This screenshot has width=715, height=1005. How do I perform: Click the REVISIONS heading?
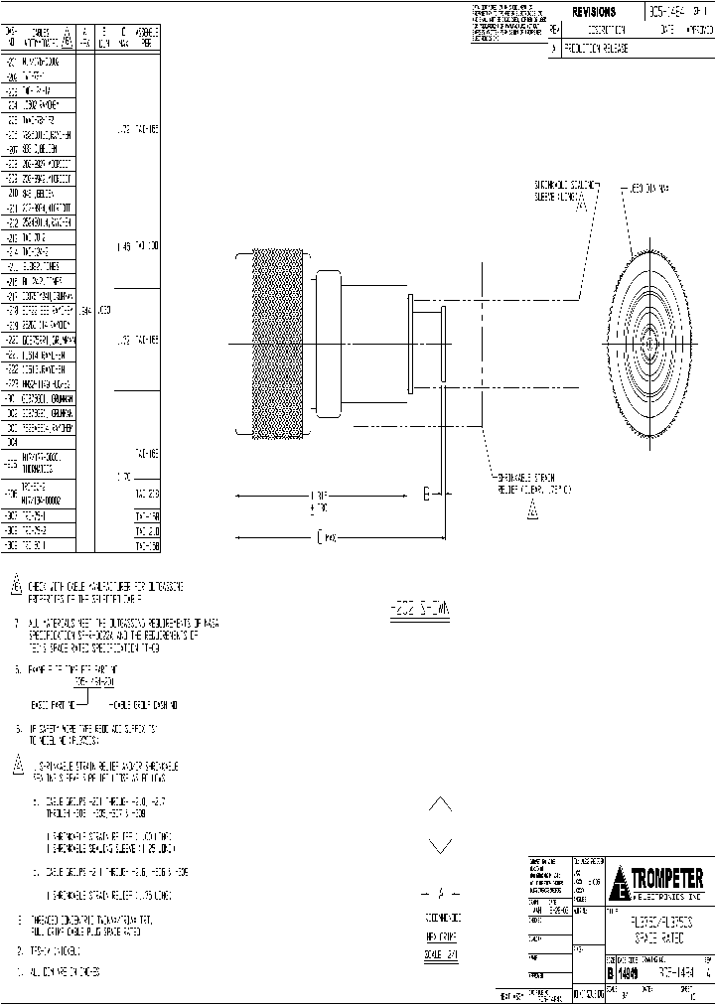(594, 12)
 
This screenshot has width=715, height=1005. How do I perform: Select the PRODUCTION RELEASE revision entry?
(597, 48)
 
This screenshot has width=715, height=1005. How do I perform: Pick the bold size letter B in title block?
(611, 977)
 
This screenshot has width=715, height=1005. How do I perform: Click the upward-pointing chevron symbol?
(441, 803)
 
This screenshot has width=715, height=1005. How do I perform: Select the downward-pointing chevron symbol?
(441, 846)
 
